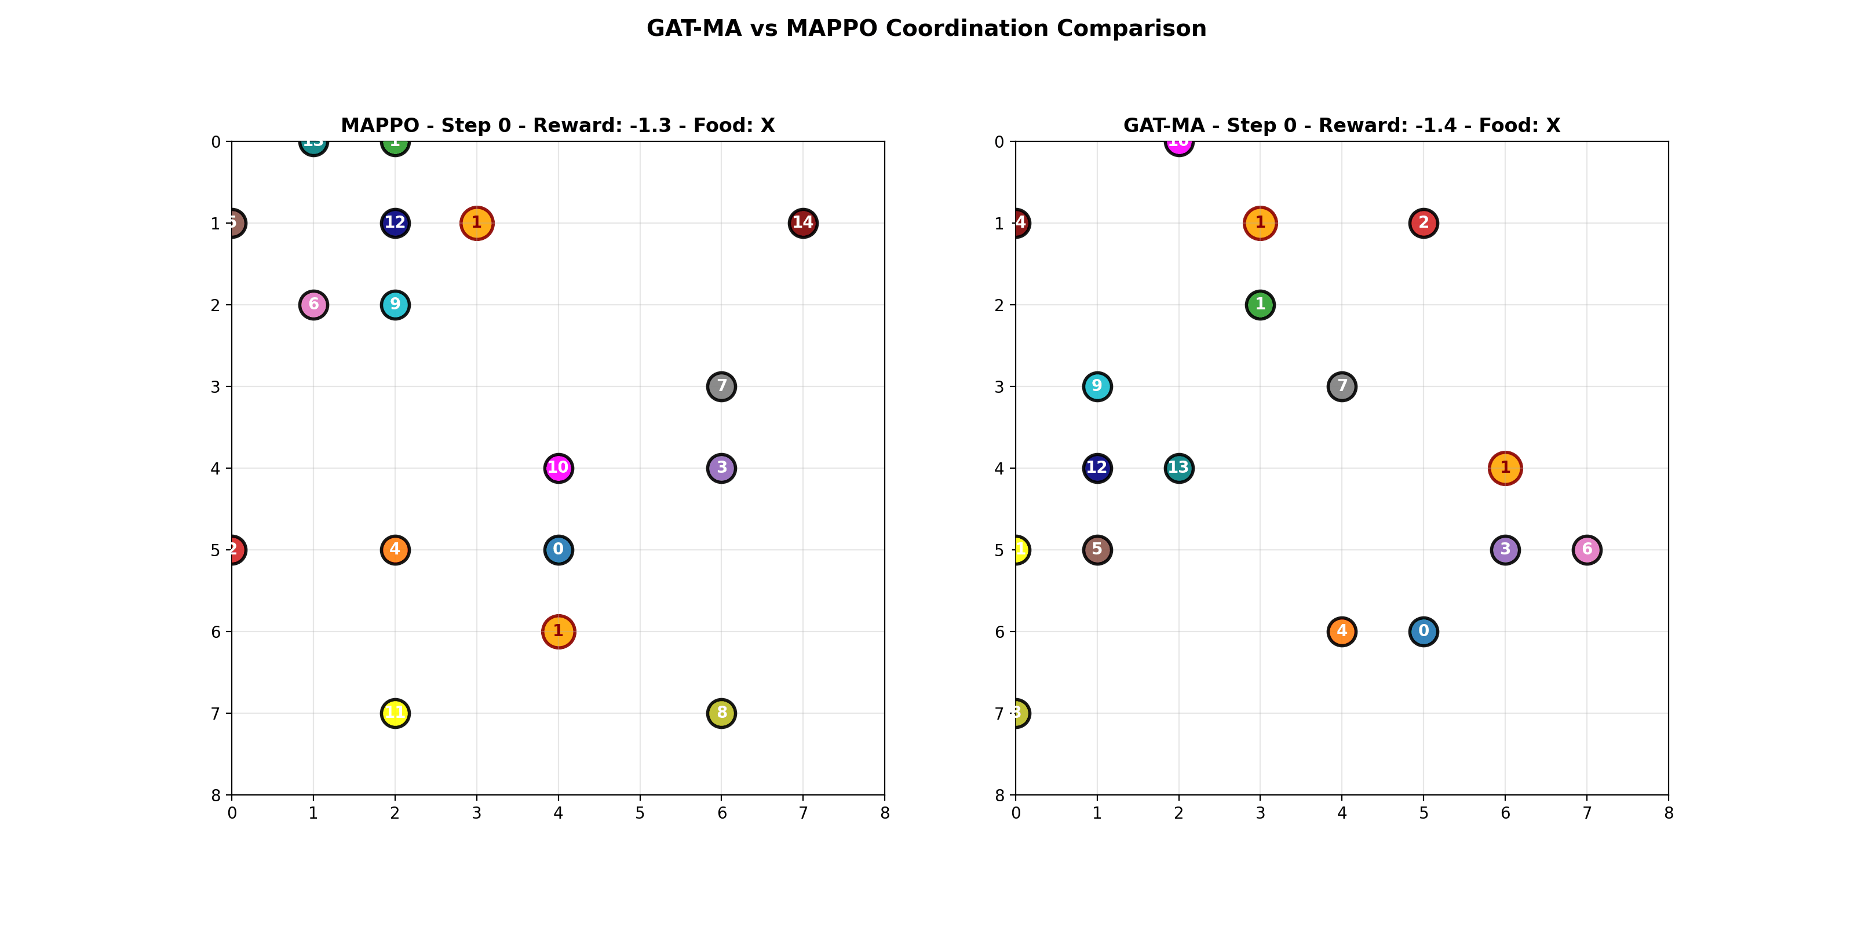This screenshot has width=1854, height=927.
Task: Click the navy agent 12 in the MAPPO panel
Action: point(395,223)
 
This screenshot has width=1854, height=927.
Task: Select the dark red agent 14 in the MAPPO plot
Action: point(802,223)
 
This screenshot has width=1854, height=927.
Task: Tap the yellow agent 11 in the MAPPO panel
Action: point(395,713)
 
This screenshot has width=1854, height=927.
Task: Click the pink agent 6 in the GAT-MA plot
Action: point(1586,550)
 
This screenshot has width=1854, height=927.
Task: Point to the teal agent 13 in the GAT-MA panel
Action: point(1178,468)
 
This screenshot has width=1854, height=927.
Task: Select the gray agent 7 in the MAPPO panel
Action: point(721,386)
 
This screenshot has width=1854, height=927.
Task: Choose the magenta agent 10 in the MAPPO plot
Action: point(558,468)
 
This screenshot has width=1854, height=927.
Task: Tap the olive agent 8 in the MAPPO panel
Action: point(721,713)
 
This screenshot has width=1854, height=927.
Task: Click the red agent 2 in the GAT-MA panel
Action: point(1423,223)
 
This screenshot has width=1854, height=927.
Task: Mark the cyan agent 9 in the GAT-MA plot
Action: point(1096,386)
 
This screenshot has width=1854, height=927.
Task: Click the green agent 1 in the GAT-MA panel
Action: point(1260,304)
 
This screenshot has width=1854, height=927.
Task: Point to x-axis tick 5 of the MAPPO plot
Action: point(640,813)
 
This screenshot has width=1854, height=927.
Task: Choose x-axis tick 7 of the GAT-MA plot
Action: point(1586,813)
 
